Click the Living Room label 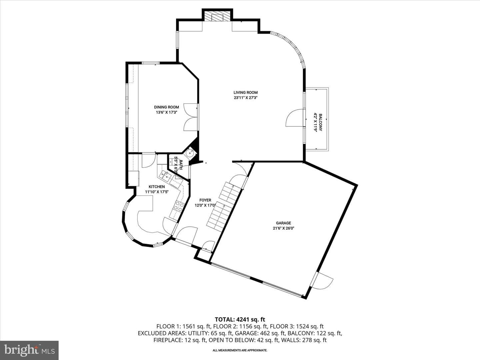245,92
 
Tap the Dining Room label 166,107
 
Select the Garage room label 283,223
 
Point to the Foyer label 205,200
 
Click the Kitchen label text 157,187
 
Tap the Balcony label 320,122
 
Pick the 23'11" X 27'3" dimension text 245,98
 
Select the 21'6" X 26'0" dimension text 283,228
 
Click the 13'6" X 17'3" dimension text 166,112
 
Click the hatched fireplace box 218,16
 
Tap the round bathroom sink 189,153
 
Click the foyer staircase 223,207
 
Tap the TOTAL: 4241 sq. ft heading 240,320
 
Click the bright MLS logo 29,350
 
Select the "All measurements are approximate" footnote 240,350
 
